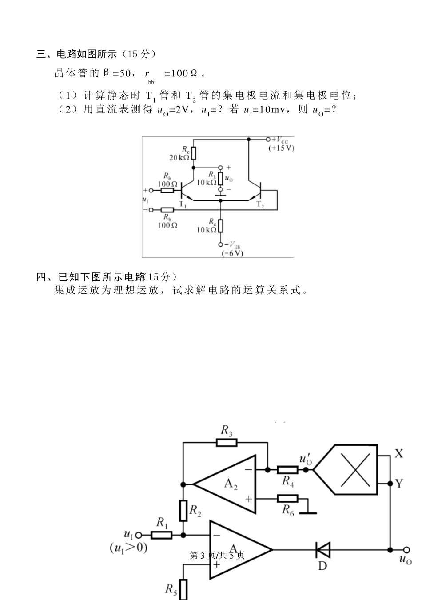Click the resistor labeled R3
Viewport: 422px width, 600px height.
point(227,442)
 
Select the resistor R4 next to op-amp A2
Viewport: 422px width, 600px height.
point(287,470)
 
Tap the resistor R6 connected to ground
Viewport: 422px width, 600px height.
point(287,499)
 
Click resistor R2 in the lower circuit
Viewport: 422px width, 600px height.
point(183,511)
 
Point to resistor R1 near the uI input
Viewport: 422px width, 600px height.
point(162,535)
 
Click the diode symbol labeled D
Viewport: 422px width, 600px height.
point(322,550)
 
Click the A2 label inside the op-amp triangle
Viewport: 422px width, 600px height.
point(231,484)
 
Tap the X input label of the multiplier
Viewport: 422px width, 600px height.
point(399,453)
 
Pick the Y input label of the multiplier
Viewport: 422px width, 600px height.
point(399,484)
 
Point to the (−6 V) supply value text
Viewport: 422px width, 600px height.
point(232,253)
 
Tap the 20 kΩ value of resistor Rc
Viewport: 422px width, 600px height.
point(179,158)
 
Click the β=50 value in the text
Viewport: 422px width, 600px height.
point(116,73)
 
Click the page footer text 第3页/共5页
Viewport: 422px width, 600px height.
point(217,555)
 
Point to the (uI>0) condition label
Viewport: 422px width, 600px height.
point(128,548)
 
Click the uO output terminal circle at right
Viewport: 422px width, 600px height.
point(406,550)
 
